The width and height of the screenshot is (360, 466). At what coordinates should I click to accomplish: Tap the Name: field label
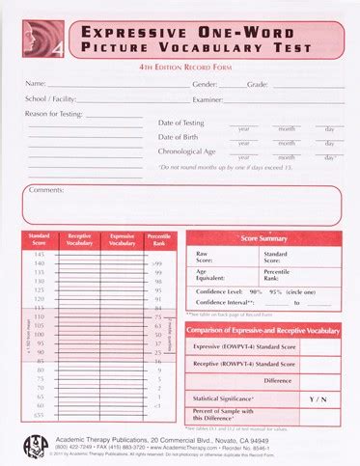point(36,85)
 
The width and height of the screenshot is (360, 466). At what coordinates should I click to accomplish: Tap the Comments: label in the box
point(46,189)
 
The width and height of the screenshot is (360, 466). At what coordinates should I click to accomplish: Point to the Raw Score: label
point(203,258)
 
